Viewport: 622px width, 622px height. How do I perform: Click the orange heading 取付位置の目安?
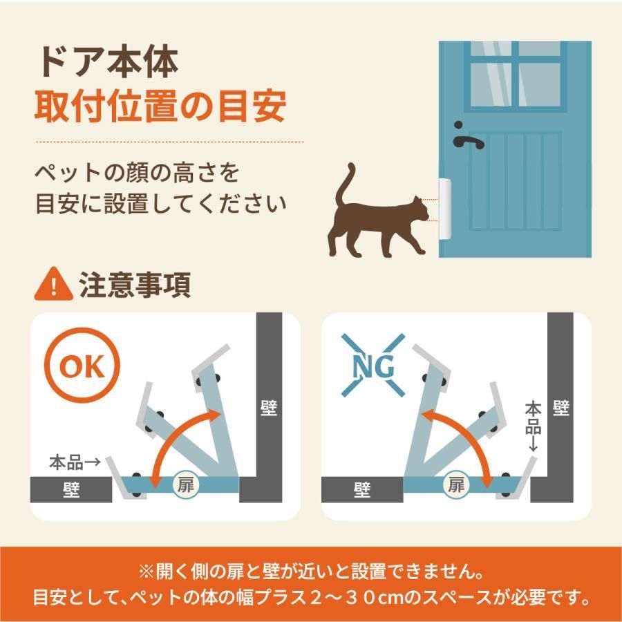(160, 106)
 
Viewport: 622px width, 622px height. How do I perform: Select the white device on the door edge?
(444, 209)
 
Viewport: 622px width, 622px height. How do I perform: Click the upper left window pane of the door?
(490, 84)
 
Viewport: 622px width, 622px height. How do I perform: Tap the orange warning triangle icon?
(53, 285)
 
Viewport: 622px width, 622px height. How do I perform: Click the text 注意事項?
(135, 285)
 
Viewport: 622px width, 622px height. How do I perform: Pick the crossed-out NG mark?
(373, 365)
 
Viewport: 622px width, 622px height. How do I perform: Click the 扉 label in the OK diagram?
(185, 485)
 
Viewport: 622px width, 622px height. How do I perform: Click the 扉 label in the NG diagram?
(455, 485)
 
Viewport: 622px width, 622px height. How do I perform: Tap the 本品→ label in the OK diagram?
(75, 462)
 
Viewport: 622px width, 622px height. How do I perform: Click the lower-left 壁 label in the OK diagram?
(71, 490)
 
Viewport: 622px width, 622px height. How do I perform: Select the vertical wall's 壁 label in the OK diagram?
(269, 408)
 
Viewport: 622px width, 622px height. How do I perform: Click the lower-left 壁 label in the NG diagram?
(361, 490)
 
